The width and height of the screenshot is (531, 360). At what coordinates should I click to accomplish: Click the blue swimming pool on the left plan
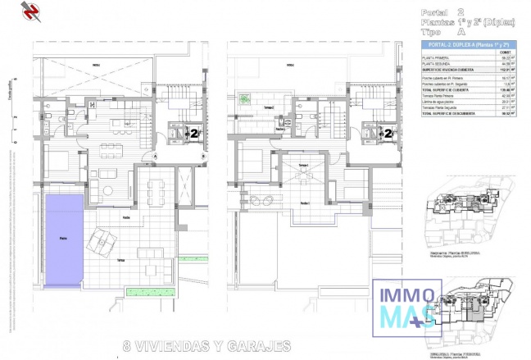[63, 239]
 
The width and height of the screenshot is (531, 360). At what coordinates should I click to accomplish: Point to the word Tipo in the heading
[432, 32]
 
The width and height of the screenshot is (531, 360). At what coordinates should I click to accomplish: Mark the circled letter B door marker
[202, 153]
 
